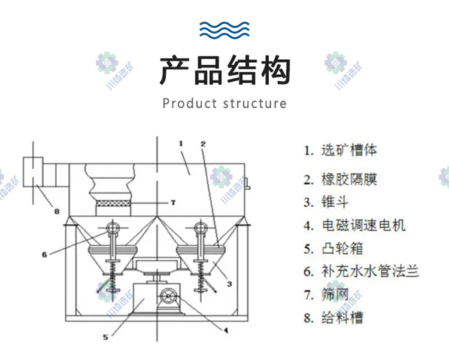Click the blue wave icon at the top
[x=224, y=28]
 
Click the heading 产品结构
[x=224, y=71]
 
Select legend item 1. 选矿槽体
[x=341, y=150]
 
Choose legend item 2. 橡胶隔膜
[x=341, y=179]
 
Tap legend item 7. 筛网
[x=326, y=294]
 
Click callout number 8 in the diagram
[x=57, y=211]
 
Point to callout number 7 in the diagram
[x=172, y=203]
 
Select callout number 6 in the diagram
[x=44, y=254]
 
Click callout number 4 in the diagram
[x=225, y=330]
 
